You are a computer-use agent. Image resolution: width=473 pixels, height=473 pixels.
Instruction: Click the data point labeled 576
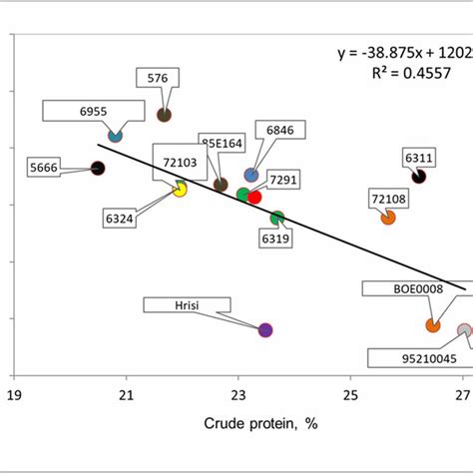(x=165, y=114)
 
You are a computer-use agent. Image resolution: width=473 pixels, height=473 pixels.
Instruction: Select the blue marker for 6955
(x=115, y=136)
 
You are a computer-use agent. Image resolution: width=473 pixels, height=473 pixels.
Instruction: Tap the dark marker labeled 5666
(x=98, y=168)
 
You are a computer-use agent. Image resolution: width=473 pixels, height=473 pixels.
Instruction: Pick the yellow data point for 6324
(x=180, y=189)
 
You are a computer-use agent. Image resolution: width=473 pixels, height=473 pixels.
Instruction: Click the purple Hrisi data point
(x=265, y=329)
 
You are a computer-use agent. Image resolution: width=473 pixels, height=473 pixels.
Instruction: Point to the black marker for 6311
(x=419, y=176)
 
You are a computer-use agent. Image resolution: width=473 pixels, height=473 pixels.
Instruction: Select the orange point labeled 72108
(x=388, y=217)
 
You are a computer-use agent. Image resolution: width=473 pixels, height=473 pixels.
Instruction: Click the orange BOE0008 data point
(x=433, y=325)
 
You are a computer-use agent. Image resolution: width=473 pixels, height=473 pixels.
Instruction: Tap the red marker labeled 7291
(x=254, y=197)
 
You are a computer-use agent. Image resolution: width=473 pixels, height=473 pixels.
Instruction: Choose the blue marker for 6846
(x=251, y=175)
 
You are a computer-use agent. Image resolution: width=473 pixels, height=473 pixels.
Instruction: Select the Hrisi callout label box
(x=175, y=304)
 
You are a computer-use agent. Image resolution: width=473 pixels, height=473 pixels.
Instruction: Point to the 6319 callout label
(x=276, y=239)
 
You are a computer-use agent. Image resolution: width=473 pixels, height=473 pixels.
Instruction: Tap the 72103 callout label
(x=179, y=159)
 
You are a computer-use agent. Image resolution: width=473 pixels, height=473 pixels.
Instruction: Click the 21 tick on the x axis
(x=127, y=394)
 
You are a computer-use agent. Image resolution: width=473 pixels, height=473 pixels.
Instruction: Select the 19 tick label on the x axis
(x=15, y=394)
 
